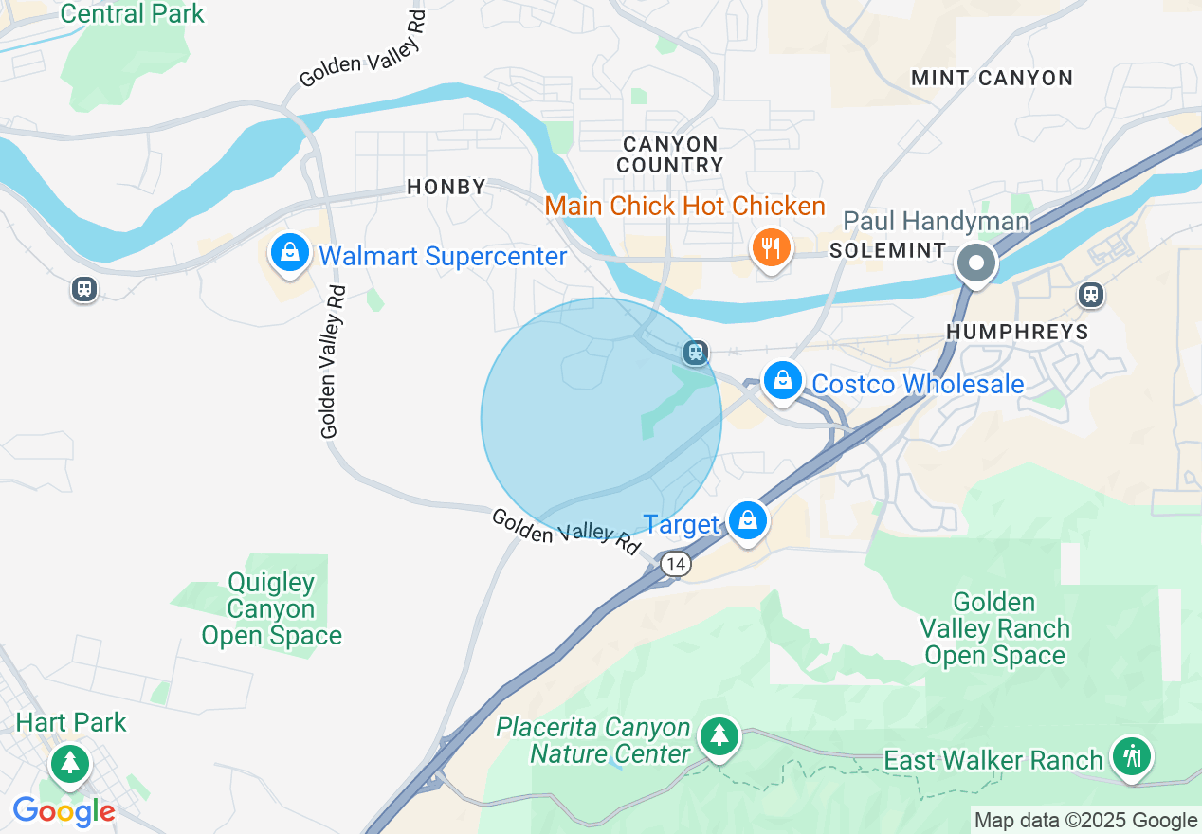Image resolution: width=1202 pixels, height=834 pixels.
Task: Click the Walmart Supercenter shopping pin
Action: click(290, 253)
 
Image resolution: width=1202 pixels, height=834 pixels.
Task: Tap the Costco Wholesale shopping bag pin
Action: click(783, 381)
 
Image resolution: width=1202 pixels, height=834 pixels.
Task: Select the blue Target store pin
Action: click(748, 520)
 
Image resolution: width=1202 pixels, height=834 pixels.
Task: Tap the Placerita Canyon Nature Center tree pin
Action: click(719, 735)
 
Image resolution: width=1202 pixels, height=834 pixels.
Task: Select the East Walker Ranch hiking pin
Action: click(1132, 756)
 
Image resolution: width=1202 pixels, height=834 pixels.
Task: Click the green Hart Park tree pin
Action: click(68, 763)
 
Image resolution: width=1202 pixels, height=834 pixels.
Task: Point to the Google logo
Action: click(64, 811)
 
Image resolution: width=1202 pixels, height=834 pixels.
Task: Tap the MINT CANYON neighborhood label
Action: click(992, 78)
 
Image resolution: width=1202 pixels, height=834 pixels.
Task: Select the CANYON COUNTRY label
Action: click(670, 154)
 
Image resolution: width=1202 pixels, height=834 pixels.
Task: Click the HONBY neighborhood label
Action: click(446, 187)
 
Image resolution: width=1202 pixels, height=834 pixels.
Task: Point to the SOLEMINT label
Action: click(887, 250)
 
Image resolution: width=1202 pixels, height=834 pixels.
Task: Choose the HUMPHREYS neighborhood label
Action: click(1017, 332)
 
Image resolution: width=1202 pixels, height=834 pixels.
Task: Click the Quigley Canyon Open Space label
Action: click(271, 608)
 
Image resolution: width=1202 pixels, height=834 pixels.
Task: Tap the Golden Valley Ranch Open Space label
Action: click(994, 628)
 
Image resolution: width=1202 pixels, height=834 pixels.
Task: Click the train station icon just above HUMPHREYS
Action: click(1092, 296)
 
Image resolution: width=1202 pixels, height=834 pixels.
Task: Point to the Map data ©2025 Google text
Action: click(1086, 821)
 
